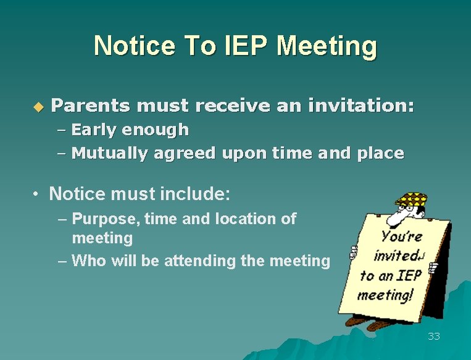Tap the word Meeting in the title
coord(327,47)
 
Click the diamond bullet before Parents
coord(38,107)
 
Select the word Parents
coord(90,106)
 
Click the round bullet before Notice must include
coord(37,195)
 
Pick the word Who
coord(86,261)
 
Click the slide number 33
coord(434,337)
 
